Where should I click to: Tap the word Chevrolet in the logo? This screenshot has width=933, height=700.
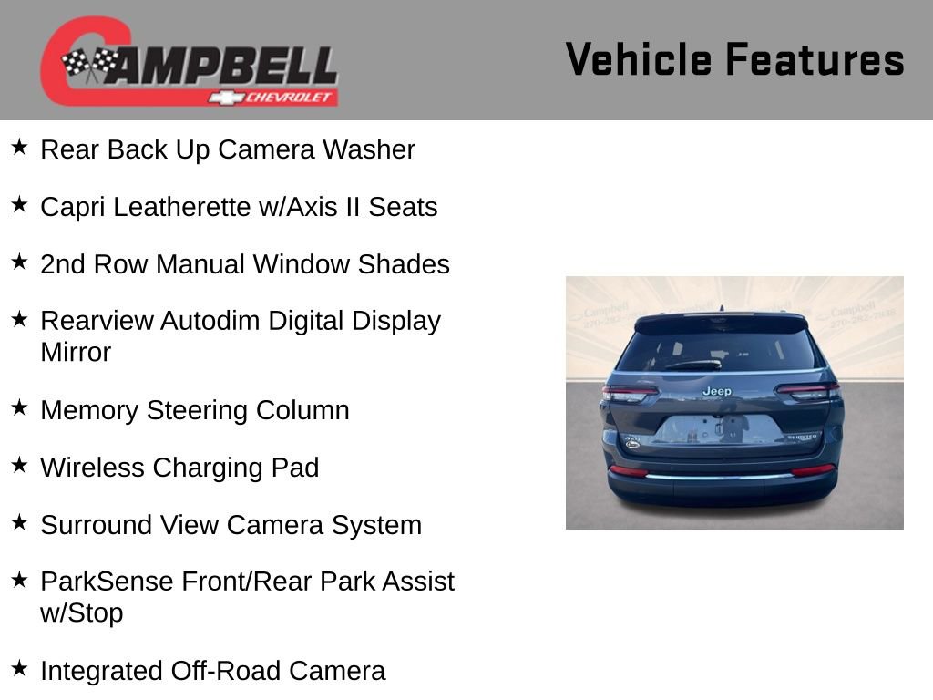(x=290, y=97)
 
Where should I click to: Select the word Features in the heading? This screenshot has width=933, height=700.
(x=815, y=60)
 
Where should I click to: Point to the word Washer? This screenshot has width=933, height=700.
(x=369, y=149)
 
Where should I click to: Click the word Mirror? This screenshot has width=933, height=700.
(x=76, y=352)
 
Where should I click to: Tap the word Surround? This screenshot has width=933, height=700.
(x=97, y=525)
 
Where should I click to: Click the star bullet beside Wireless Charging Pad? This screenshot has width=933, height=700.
(x=19, y=466)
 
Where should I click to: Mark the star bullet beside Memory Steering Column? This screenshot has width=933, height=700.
(x=19, y=408)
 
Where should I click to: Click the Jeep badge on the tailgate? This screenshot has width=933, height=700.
(x=716, y=391)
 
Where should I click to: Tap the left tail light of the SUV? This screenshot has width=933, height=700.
(x=630, y=391)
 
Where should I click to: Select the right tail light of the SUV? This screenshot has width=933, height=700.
(x=807, y=390)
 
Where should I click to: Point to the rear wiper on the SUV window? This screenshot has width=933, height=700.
(x=693, y=365)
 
